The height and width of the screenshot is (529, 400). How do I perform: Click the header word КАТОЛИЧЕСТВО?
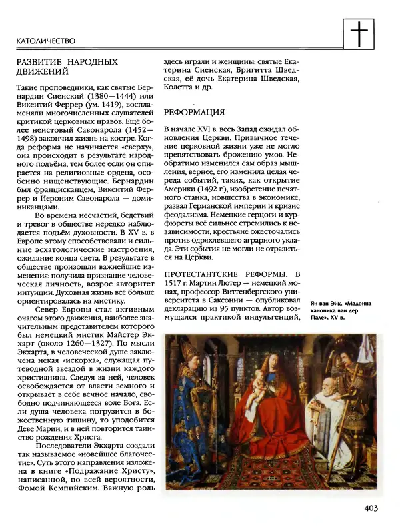point(44,41)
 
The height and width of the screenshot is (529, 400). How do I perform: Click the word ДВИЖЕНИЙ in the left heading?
point(43,70)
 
